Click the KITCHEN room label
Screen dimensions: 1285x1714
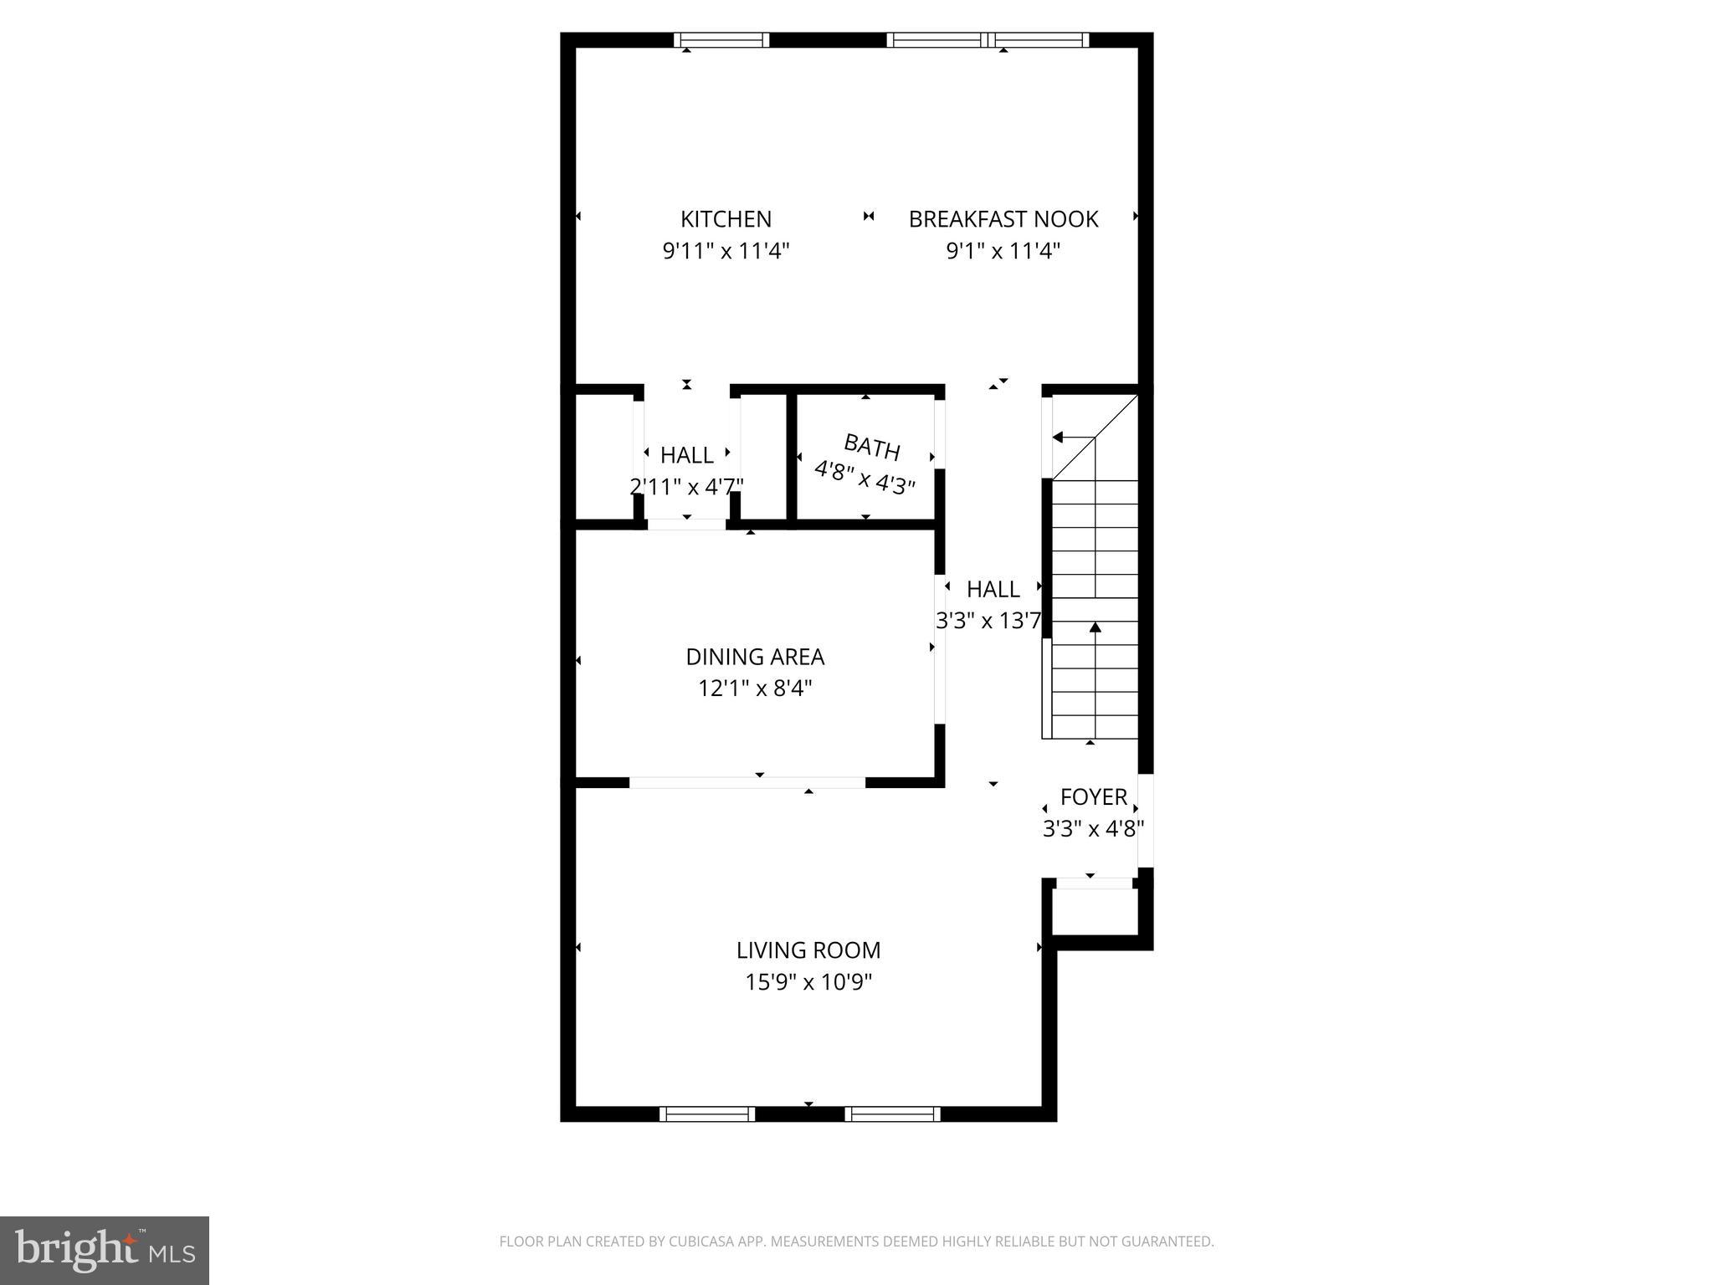pyautogui.click(x=726, y=219)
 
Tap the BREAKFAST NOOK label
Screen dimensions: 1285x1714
pyautogui.click(x=1003, y=219)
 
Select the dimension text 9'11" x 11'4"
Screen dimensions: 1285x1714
pyautogui.click(x=726, y=251)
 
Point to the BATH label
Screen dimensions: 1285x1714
pyautogui.click(x=871, y=448)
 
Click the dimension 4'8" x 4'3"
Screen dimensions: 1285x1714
pyautogui.click(x=865, y=478)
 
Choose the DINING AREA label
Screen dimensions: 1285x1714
pyautogui.click(x=755, y=657)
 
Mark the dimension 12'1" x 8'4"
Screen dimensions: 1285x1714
pyautogui.click(x=755, y=689)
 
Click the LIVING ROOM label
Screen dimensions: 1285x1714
pyautogui.click(x=808, y=950)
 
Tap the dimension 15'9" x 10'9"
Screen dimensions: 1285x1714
pyautogui.click(x=808, y=982)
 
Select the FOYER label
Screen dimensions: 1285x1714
pyautogui.click(x=1093, y=797)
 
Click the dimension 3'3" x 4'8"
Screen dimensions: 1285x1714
pyautogui.click(x=1092, y=829)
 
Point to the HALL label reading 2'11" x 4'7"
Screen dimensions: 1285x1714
pyautogui.click(x=686, y=456)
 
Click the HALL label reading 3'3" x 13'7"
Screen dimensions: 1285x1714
pyautogui.click(x=993, y=590)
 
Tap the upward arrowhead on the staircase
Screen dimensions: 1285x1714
pyautogui.click(x=1095, y=627)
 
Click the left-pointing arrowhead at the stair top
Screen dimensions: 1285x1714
pyautogui.click(x=1058, y=438)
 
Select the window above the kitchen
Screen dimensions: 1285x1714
pyautogui.click(x=721, y=39)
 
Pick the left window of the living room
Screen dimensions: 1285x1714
pyautogui.click(x=707, y=1113)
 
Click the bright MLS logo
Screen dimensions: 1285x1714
pyautogui.click(x=105, y=1250)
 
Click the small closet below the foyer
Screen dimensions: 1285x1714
pyautogui.click(x=1095, y=911)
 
